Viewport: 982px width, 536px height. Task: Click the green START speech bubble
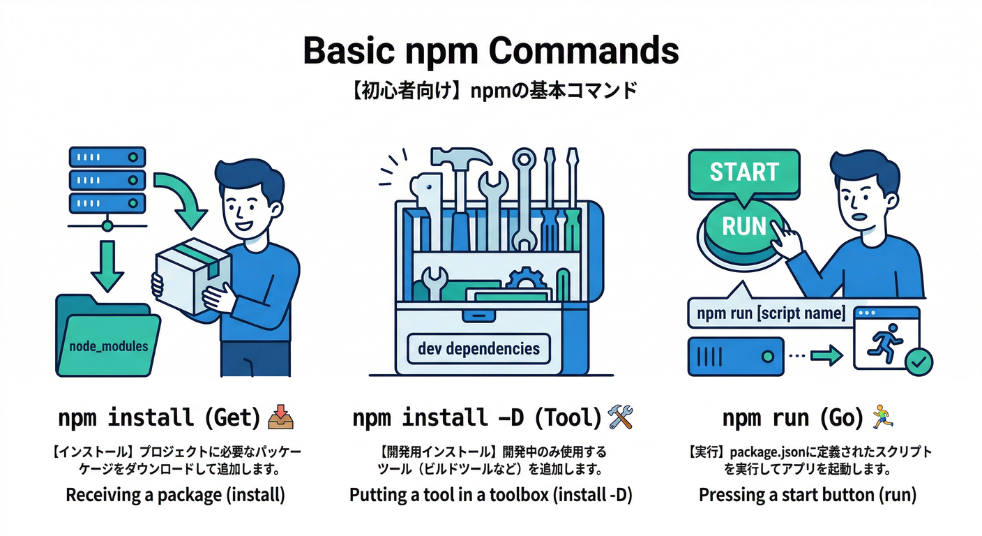(743, 172)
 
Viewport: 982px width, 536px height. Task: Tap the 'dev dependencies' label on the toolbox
(478, 348)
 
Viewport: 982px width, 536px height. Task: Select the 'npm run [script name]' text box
(766, 313)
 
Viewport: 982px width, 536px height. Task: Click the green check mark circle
(918, 362)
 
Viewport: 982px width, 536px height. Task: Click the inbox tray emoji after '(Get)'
(281, 417)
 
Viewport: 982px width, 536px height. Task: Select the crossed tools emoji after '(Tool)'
(620, 417)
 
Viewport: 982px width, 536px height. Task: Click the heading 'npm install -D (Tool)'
(476, 418)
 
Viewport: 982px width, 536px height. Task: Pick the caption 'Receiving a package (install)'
(175, 495)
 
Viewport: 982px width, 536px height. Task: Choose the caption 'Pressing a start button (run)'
(807, 495)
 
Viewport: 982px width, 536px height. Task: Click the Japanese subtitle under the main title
(490, 91)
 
